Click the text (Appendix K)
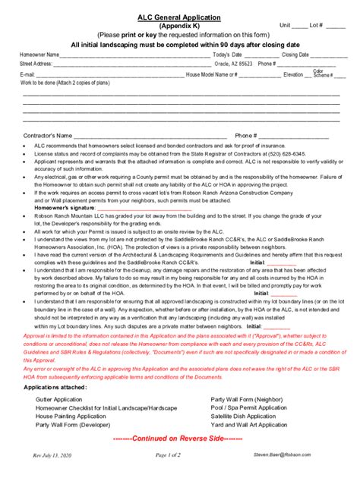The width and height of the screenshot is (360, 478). pos(179,24)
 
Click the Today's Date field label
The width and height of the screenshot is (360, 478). pos(227,55)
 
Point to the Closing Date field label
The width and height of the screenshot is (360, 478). pos(295,55)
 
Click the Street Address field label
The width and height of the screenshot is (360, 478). pos(36,64)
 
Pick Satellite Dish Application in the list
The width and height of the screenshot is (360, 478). pos(243,417)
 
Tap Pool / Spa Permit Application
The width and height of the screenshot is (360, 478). pos(249,407)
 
